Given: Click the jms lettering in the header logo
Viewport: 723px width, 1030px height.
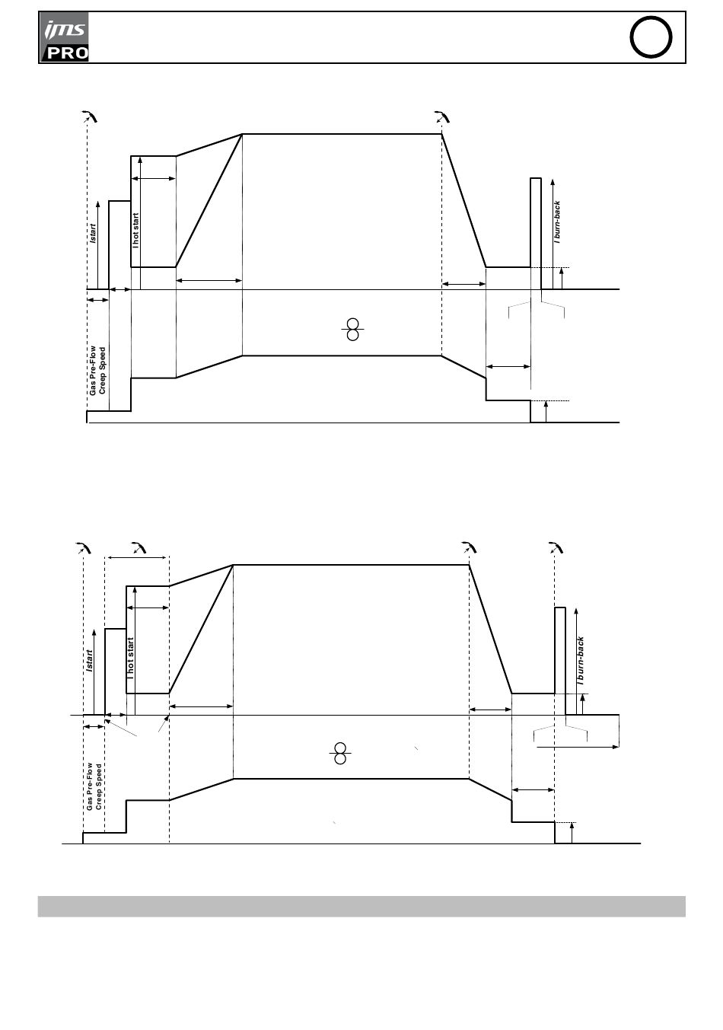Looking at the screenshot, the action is click(x=65, y=30).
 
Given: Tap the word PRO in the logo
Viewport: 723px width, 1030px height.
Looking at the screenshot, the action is click(x=68, y=53).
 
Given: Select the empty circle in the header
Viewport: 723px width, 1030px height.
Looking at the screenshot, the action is click(x=651, y=37).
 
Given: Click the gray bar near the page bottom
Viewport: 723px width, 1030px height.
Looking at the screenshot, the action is click(x=361, y=907).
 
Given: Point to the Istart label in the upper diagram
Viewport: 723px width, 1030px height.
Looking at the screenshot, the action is click(x=94, y=234).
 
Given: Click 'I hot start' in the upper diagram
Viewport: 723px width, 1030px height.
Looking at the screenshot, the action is click(x=135, y=231).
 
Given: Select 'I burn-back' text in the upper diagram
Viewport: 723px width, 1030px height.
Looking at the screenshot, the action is click(x=557, y=222).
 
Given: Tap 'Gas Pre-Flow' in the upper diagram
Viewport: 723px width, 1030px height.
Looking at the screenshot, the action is click(x=93, y=371).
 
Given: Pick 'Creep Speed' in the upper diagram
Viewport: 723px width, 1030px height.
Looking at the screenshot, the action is click(x=102, y=371).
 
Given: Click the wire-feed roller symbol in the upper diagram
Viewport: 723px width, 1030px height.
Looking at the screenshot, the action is click(x=352, y=329).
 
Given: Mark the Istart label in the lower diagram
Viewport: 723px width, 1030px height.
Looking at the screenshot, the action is click(x=90, y=660).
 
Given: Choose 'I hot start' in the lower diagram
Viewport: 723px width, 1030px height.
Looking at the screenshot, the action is click(x=131, y=658).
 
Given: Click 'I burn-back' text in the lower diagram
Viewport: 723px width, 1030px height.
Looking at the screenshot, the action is click(x=581, y=661).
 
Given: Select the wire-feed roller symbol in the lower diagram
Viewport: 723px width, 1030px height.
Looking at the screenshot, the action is click(x=340, y=753).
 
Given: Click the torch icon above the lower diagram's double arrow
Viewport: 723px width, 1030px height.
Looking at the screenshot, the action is click(x=139, y=547).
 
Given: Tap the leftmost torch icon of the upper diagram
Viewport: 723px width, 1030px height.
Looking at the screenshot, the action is click(x=90, y=116).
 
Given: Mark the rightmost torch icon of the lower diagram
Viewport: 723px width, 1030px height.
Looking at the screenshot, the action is click(x=556, y=547).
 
